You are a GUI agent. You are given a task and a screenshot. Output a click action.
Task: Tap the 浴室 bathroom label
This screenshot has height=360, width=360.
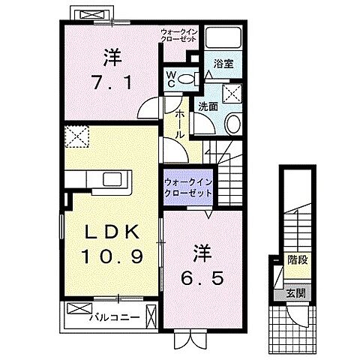[223, 65]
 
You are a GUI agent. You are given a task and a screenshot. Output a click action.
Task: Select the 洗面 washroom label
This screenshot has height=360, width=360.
[208, 106]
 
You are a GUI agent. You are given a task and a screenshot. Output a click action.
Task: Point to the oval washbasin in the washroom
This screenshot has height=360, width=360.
[232, 124]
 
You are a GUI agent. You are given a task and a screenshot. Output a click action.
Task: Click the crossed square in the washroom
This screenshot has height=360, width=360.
[233, 94]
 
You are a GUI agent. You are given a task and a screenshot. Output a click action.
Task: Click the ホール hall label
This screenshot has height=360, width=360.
[180, 123]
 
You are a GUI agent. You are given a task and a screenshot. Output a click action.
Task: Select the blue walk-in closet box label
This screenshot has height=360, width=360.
[187, 187]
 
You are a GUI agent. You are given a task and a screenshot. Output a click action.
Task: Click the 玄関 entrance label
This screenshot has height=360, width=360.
[297, 292]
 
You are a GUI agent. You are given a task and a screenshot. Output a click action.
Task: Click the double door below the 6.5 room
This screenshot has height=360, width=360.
[184, 339]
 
